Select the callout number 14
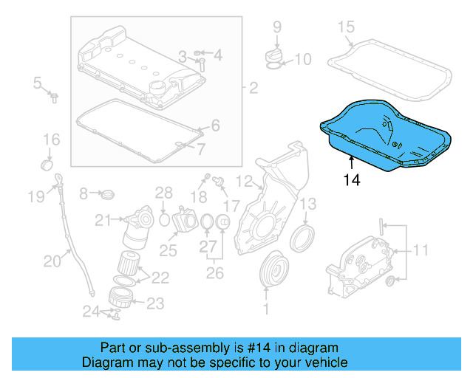353,179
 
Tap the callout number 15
346,28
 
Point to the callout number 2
253,89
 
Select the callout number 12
245,181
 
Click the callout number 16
50,140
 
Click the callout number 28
163,193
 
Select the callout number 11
419,251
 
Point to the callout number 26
214,274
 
